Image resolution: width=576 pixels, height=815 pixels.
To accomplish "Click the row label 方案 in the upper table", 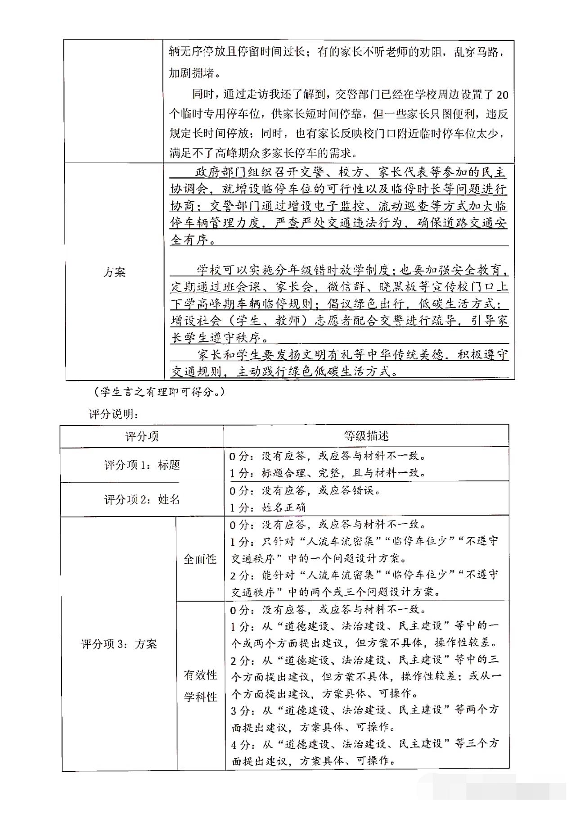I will (x=114, y=272).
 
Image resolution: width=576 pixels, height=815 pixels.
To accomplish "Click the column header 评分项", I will (x=142, y=436).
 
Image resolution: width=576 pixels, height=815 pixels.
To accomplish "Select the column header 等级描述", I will (x=366, y=436).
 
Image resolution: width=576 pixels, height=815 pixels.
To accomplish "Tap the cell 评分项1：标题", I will (x=142, y=465).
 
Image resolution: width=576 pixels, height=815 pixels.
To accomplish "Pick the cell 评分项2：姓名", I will (x=142, y=499).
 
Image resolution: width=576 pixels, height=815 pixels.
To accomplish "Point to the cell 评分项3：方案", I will (x=119, y=644).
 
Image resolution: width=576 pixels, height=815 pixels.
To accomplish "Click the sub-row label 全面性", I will (x=200, y=559).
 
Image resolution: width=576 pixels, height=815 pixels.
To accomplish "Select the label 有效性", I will (x=200, y=675).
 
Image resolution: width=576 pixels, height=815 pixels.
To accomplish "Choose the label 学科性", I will (x=200, y=697).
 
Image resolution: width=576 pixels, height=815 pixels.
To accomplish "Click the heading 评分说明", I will (x=113, y=414).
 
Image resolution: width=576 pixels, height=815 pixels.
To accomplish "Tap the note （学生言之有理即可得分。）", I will (x=158, y=392).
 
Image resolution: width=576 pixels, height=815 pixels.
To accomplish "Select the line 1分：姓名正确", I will (x=268, y=507).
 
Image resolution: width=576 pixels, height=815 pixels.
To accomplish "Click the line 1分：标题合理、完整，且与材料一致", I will (x=327, y=473).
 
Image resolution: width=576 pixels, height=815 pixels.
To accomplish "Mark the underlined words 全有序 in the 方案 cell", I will (x=189, y=240).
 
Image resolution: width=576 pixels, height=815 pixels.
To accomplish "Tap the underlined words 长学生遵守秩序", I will (x=219, y=337).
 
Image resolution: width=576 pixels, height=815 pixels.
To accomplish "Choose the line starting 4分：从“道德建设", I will (x=364, y=743).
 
